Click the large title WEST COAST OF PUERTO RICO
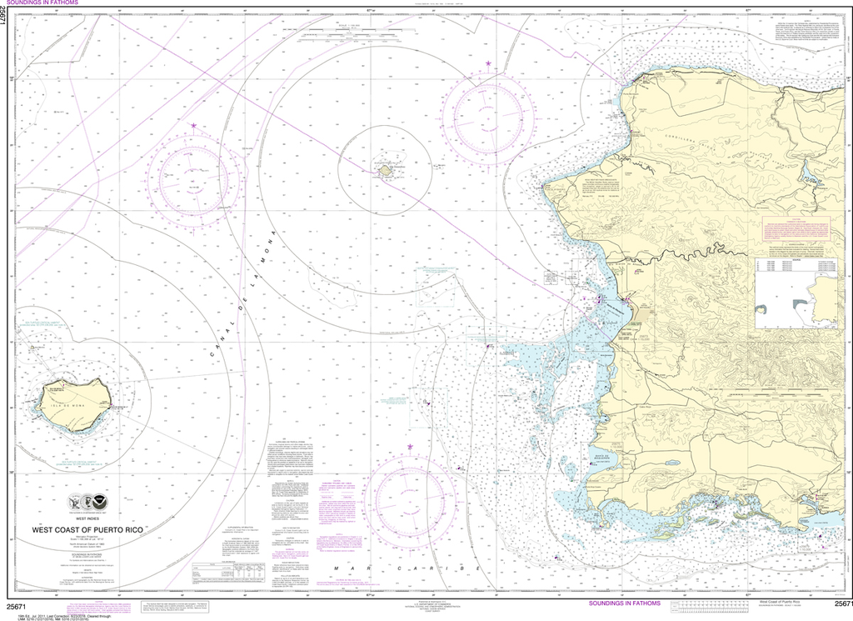(x=97, y=528)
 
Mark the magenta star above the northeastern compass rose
(x=489, y=64)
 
